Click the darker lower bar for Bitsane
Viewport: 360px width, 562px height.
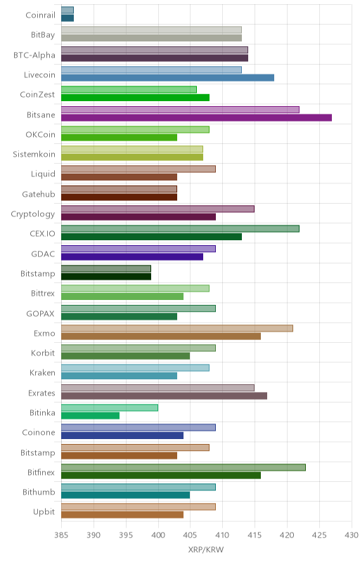[196, 117]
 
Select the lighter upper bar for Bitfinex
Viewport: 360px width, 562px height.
[184, 467]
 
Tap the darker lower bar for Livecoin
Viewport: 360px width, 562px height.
[168, 78]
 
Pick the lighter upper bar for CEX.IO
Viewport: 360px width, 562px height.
[180, 229]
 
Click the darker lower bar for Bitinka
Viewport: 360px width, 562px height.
[91, 416]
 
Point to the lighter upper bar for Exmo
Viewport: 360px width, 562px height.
[177, 328]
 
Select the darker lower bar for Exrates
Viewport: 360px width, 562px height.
[165, 396]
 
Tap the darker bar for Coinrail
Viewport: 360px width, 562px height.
[67, 18]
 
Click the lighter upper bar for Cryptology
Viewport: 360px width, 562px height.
[157, 209]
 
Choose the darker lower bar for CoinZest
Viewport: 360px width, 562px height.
[135, 98]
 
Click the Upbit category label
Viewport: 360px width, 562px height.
[44, 512]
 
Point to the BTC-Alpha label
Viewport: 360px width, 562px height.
[34, 55]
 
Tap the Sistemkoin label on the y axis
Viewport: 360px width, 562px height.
[34, 154]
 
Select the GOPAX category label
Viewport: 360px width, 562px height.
[41, 313]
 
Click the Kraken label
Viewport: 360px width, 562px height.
[42, 373]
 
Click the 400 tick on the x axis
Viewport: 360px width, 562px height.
[158, 535]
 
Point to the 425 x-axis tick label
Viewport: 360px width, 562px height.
[319, 535]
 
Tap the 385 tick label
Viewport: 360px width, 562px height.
[61, 535]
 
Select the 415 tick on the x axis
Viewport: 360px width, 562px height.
[255, 535]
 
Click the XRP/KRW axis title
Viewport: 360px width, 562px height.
[206, 550]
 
